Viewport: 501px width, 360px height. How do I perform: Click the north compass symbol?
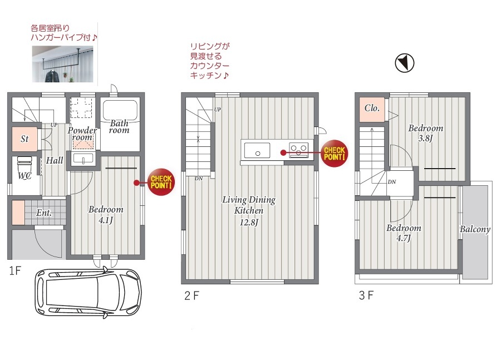[x=405, y=63]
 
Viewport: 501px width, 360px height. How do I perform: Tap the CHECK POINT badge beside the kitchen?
[x=334, y=154]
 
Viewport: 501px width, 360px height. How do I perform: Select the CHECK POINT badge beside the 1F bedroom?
[x=161, y=182]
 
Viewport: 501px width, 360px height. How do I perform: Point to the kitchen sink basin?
[x=257, y=150]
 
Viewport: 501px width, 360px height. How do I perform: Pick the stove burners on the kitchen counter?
[x=299, y=150]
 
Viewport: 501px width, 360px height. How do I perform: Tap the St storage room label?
[x=24, y=139]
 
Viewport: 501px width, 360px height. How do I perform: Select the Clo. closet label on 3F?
[x=372, y=109]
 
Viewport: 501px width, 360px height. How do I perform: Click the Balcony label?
[x=475, y=229]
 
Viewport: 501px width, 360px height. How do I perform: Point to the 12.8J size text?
[x=249, y=222]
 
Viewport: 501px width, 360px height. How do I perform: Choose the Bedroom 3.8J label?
[x=426, y=133]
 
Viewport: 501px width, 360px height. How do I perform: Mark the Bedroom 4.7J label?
[x=404, y=233]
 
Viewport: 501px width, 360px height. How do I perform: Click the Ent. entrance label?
[x=44, y=213]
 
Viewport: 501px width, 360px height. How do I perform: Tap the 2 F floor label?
[x=191, y=295]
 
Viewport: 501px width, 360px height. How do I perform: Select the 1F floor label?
[x=15, y=271]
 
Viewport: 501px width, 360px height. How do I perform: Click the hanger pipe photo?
[x=62, y=64]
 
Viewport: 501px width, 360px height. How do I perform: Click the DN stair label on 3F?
[x=392, y=182]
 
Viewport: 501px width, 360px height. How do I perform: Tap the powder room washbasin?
[x=83, y=159]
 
